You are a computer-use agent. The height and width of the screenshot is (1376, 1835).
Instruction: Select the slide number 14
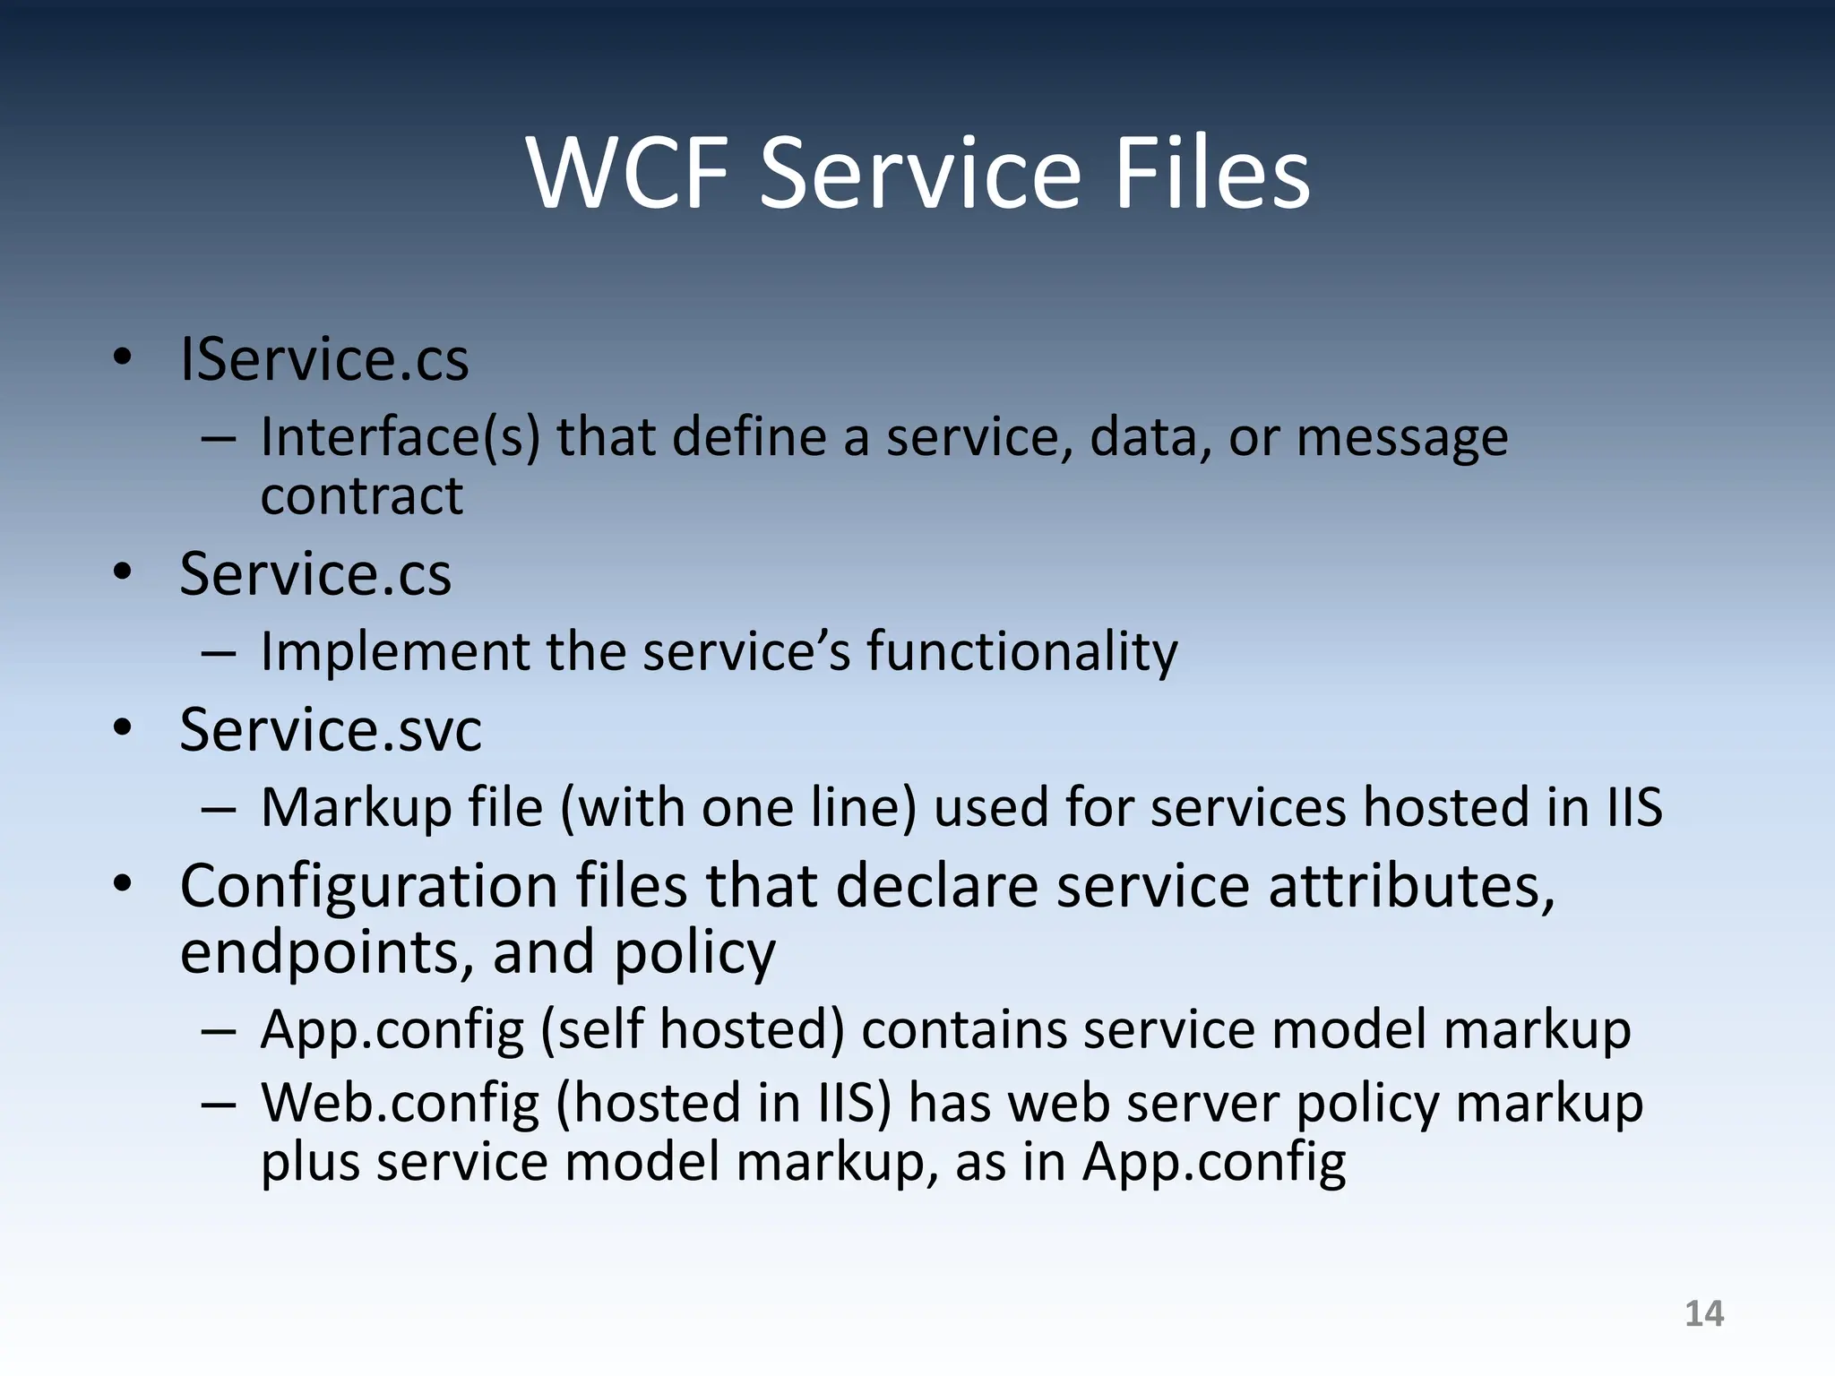1703,1313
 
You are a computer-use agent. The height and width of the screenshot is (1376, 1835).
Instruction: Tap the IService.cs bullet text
324,359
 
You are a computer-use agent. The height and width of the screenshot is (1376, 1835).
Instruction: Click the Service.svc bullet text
331,729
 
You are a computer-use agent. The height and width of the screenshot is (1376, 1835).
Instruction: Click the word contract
362,495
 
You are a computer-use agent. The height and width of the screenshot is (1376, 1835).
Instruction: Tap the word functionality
1021,651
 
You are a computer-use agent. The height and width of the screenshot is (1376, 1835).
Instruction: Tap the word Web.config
400,1103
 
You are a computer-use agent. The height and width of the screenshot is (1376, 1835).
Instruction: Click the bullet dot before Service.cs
123,572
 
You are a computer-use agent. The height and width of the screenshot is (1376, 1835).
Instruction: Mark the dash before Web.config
219,1105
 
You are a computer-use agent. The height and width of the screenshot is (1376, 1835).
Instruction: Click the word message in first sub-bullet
1401,439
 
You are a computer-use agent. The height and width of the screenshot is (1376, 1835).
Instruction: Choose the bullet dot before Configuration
123,883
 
